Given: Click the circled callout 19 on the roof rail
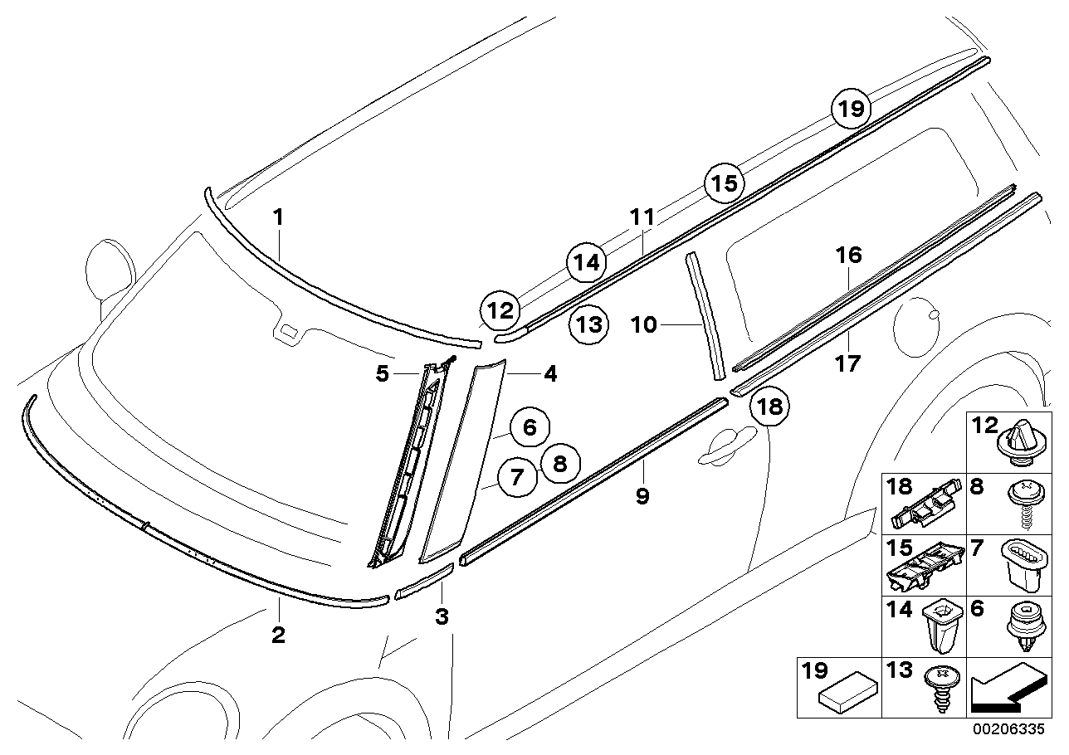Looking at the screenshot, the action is point(851,110).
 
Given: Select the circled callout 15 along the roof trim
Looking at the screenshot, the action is point(725,183).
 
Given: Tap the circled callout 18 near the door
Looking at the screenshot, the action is point(769,407).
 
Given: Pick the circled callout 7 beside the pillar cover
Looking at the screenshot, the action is point(517,477).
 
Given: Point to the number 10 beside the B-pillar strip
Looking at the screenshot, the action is point(644,324).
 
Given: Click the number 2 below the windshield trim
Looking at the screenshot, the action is point(278,635).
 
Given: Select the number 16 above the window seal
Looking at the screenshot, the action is point(849,256).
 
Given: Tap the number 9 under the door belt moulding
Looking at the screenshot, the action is point(643,496).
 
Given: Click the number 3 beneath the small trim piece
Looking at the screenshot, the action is point(442,616).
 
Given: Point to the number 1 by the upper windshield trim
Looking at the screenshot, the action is point(278,217).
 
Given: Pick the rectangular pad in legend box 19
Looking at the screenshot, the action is point(848,689).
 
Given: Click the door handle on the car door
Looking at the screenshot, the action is point(726,446).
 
